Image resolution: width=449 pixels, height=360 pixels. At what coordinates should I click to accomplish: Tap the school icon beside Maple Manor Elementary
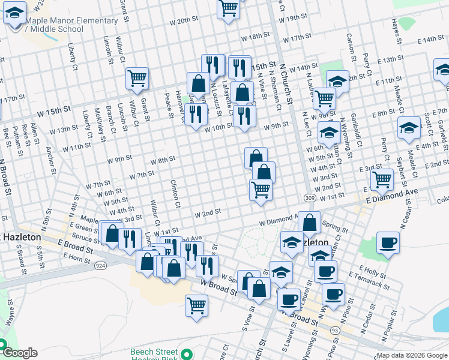(x=14, y=13)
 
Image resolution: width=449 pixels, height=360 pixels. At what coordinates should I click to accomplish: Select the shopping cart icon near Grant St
(x=137, y=77)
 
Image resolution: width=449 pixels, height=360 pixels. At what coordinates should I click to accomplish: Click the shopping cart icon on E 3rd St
(x=382, y=178)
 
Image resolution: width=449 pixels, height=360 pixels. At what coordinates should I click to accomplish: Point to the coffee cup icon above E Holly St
(x=388, y=242)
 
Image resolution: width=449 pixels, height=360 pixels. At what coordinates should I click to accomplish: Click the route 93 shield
(x=334, y=329)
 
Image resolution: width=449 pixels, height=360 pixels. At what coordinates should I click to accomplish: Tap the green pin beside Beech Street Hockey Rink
(x=187, y=353)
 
